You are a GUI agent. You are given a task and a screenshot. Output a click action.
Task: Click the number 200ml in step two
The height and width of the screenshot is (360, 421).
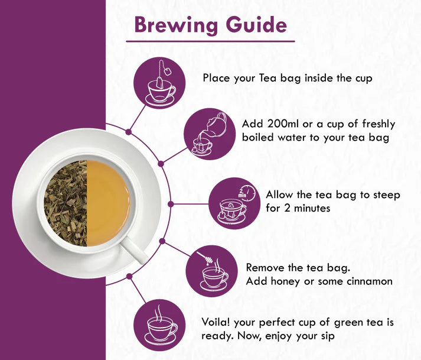(x=282, y=124)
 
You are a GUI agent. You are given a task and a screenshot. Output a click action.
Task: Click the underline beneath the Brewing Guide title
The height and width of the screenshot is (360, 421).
(x=210, y=41)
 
